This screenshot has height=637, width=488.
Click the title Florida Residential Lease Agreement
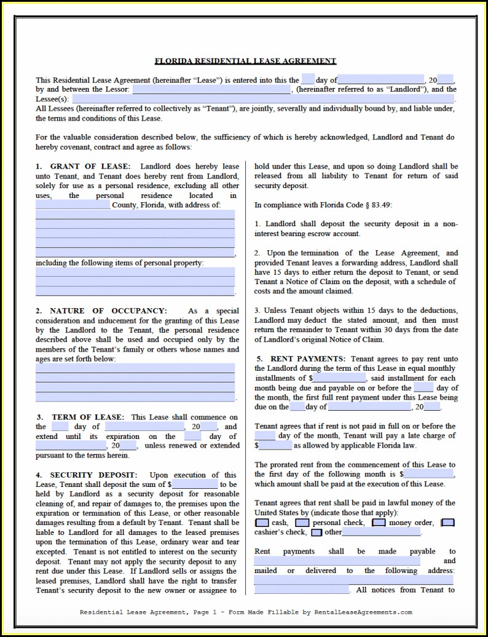pyautogui.click(x=245, y=61)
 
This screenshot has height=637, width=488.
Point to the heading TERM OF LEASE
pyautogui.click(x=88, y=417)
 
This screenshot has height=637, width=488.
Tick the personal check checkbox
pyautogui.click(x=302, y=523)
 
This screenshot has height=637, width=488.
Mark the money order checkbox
pyautogui.click(x=379, y=523)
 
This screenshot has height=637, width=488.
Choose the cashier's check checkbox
pyautogui.click(x=448, y=523)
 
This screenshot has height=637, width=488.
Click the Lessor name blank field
pyautogui.click(x=212, y=90)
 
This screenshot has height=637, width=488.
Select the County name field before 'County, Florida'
pyautogui.click(x=73, y=205)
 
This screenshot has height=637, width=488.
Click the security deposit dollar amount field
pyautogui.click(x=195, y=485)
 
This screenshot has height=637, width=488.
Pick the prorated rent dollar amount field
pyautogui.click(x=428, y=475)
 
